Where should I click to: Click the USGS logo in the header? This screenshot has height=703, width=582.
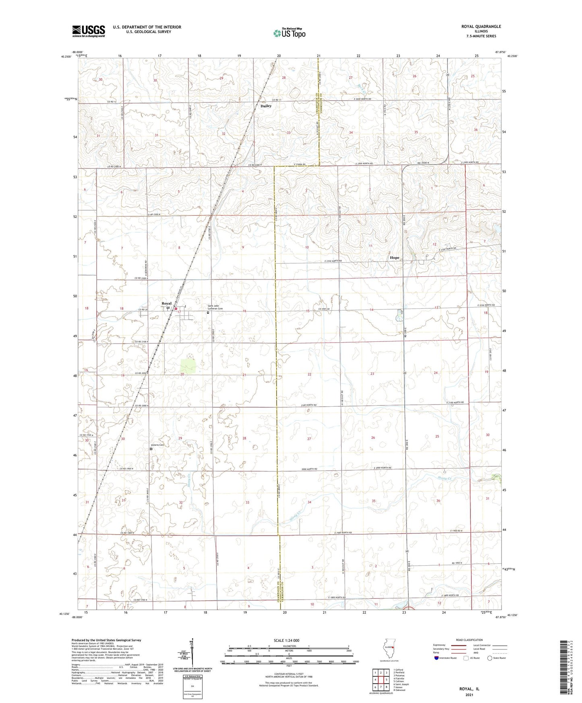[x=89, y=31]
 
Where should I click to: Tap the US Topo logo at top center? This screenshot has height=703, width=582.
[x=289, y=33]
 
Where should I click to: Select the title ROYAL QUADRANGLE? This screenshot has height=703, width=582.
[x=481, y=27]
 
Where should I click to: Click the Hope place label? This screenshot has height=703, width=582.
[x=394, y=258]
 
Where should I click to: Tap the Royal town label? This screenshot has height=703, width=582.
[x=166, y=303]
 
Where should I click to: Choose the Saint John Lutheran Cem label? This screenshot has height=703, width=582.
[x=215, y=307]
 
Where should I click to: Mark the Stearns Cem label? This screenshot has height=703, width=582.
[x=157, y=445]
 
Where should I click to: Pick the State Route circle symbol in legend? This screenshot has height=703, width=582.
[x=490, y=658]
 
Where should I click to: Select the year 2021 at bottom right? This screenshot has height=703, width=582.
[x=469, y=695]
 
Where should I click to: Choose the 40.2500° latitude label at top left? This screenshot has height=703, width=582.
[x=66, y=57]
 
